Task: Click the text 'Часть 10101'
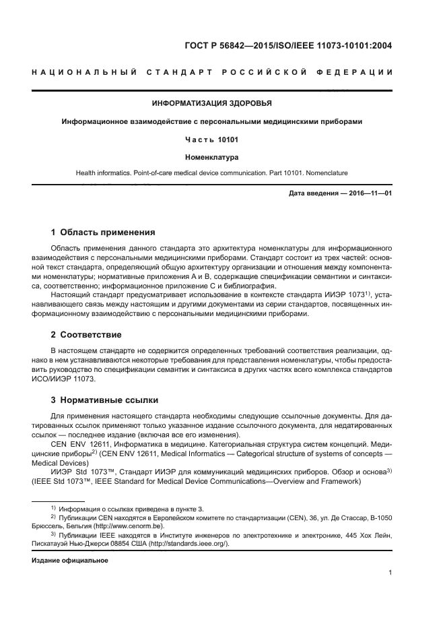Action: click(212, 139)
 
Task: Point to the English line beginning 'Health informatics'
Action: click(212, 173)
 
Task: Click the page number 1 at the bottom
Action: click(390, 573)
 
